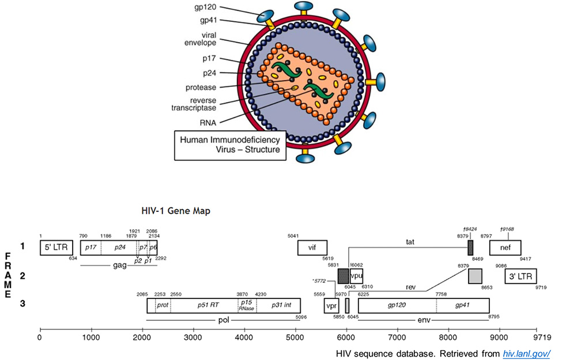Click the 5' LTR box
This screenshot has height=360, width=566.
[x=56, y=248]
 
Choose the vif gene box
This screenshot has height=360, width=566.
[x=312, y=248]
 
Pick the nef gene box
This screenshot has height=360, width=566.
[x=505, y=248]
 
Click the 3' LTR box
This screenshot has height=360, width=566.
[x=520, y=276]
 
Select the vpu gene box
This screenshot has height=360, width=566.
[x=356, y=276]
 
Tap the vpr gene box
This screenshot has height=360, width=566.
[x=331, y=305]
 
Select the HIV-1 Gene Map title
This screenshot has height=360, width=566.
[x=176, y=211]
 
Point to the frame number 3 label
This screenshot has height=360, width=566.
[x=22, y=304]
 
